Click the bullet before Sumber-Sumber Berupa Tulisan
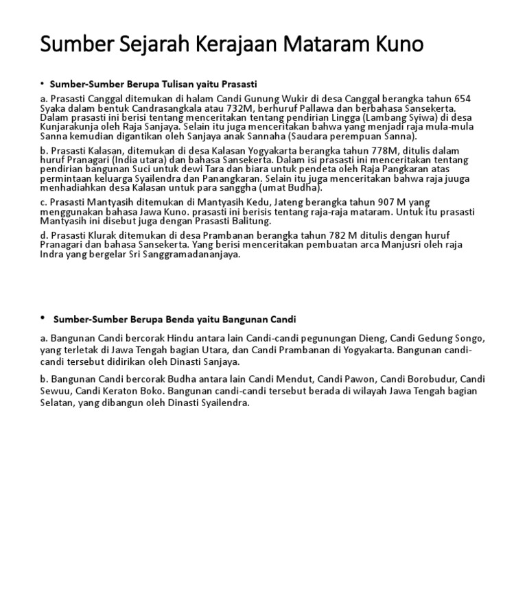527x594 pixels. tap(43, 83)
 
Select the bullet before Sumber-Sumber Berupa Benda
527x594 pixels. tap(43, 318)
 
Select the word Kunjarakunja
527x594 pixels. tap(71, 127)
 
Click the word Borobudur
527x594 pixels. tap(430, 379)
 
